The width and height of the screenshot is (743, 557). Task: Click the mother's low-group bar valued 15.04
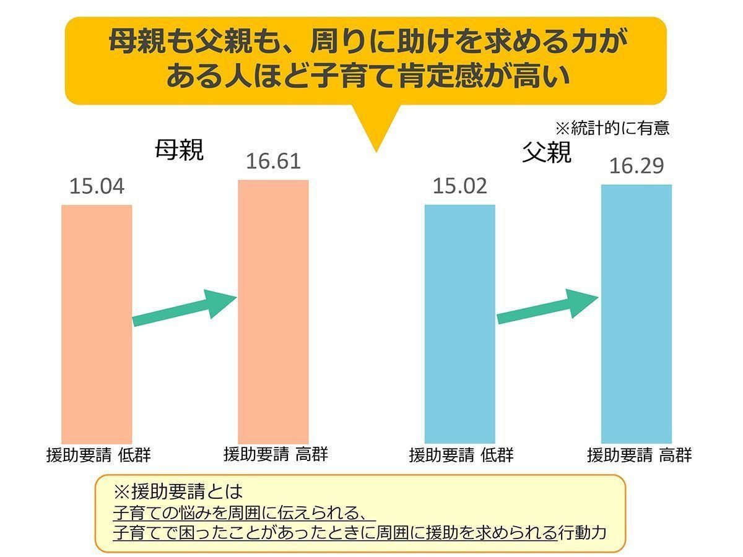point(97,322)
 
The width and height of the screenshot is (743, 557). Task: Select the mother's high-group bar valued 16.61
point(274,309)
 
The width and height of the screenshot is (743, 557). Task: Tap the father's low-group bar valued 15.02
point(459,322)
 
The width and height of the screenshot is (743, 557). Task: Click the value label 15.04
point(97,186)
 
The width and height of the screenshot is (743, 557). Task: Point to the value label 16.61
point(273,162)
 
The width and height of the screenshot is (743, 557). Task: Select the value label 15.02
point(459,186)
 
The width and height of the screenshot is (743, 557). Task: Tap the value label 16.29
point(637,166)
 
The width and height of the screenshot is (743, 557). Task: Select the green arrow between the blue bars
point(548,308)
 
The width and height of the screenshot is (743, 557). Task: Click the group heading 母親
point(179,150)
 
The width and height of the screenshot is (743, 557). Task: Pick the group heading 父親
point(546,153)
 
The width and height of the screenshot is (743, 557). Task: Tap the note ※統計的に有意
point(612,129)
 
